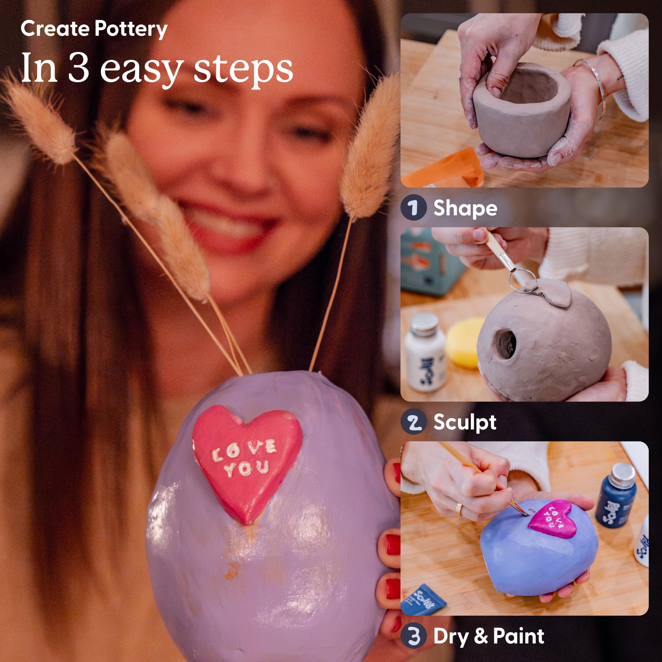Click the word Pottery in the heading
click(130, 29)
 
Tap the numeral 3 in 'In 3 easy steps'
click(78, 68)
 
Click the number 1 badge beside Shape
click(413, 208)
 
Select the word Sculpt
click(465, 422)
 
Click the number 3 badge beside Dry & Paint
click(413, 636)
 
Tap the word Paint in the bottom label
click(518, 636)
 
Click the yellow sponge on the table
click(463, 343)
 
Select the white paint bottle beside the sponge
click(425, 353)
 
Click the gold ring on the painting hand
click(458, 509)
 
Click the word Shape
click(465, 208)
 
